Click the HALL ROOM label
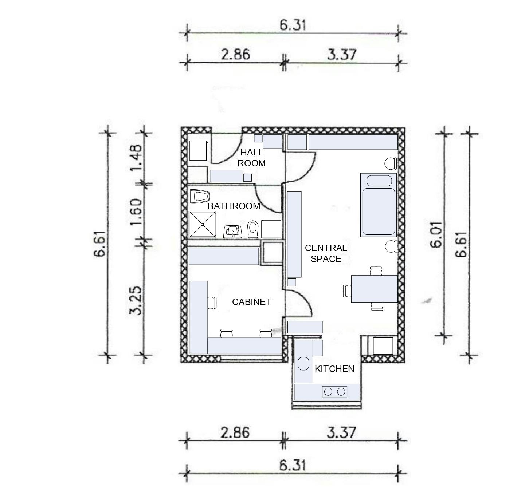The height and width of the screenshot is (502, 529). click(x=252, y=158)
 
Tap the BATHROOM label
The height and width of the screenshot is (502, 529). click(x=234, y=206)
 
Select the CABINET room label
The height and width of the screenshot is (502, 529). click(x=252, y=302)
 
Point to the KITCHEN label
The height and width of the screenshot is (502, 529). click(x=334, y=369)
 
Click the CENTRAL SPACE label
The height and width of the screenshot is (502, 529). click(x=326, y=253)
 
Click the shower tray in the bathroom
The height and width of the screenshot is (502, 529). click(x=203, y=225)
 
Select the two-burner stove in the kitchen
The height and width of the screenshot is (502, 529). click(x=334, y=391)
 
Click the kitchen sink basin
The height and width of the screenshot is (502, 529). click(x=303, y=364)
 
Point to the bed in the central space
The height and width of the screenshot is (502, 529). click(x=378, y=205)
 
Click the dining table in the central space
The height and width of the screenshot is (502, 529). click(x=374, y=289)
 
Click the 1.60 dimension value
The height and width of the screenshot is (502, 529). click(x=136, y=212)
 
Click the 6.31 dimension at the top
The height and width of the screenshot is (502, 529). click(x=293, y=25)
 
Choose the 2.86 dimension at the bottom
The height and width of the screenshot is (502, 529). click(x=235, y=432)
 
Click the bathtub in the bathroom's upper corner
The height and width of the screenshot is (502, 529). click(x=200, y=197)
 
